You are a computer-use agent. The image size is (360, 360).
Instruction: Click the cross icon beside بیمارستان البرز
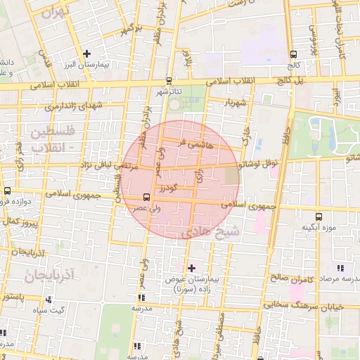pyautogui.click(x=86, y=53)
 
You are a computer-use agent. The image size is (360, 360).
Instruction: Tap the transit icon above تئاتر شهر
pyautogui.click(x=169, y=80)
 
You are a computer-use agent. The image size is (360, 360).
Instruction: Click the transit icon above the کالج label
pyautogui.click(x=293, y=53)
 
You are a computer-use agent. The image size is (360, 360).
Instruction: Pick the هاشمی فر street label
pyautogui.click(x=191, y=143)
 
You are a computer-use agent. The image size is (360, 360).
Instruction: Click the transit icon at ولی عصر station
pyautogui.click(x=146, y=197)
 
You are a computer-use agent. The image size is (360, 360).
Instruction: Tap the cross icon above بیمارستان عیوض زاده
pyautogui.click(x=191, y=268)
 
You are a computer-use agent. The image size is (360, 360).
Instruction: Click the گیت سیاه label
pyautogui.click(x=71, y=309)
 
